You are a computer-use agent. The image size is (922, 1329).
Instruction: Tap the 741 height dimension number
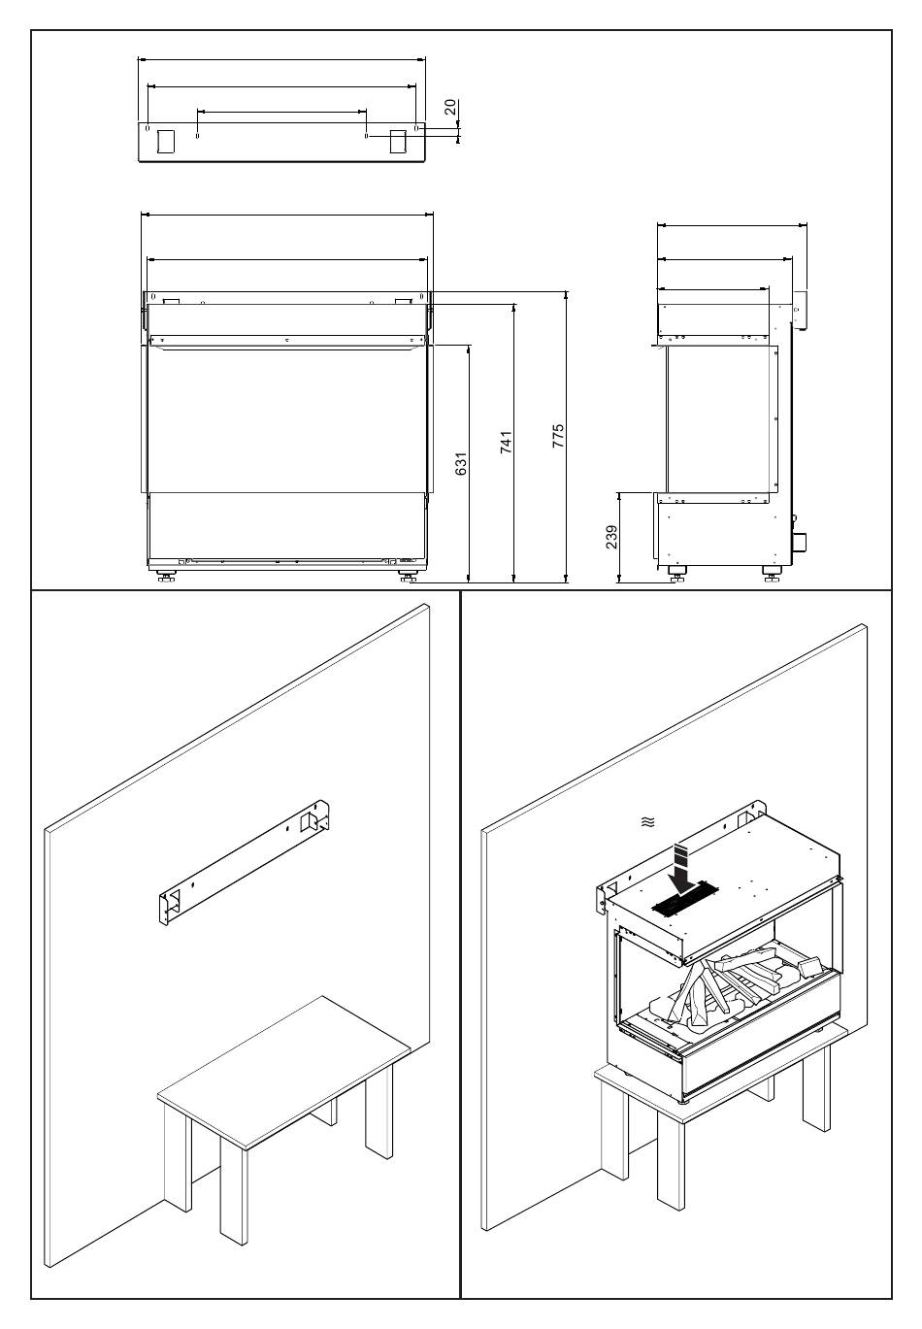(x=506, y=444)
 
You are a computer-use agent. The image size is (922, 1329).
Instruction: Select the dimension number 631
(x=462, y=463)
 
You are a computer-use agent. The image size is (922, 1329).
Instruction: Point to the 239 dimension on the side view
(x=611, y=537)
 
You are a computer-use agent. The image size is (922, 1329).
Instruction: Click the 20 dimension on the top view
(x=450, y=106)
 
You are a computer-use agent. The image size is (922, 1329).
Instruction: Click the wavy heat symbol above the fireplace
(x=647, y=822)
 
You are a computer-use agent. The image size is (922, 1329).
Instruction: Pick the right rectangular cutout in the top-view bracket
(x=399, y=141)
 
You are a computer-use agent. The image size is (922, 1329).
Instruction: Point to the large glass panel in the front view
(x=286, y=417)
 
